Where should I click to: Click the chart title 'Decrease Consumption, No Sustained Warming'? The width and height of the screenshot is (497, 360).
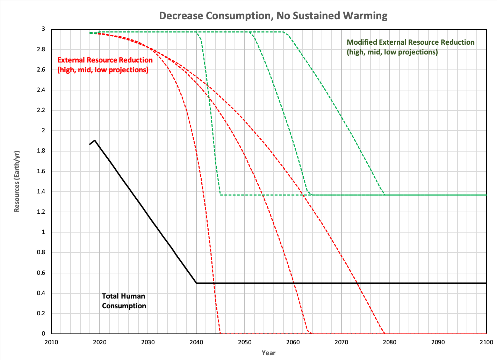(x=273, y=16)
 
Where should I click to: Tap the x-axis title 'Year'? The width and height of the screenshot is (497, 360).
(x=268, y=353)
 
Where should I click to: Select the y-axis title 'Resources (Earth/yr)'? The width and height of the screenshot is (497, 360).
(x=17, y=181)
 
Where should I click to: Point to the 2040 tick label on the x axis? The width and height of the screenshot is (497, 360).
(x=196, y=342)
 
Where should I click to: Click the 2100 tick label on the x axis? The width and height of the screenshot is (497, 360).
(x=486, y=342)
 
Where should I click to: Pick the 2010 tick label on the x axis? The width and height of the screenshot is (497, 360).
(x=51, y=342)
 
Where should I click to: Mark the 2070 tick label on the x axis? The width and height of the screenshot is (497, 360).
(x=341, y=342)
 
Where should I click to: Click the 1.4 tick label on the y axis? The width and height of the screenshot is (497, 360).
(x=41, y=192)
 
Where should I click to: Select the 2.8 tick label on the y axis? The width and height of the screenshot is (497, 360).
(x=41, y=49)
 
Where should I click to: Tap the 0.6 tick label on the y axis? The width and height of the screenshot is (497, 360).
(x=41, y=273)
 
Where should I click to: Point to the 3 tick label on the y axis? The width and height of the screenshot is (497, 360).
(x=43, y=29)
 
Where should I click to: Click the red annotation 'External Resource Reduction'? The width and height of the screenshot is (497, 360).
(x=105, y=60)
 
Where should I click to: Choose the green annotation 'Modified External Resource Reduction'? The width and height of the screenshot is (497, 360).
(x=410, y=42)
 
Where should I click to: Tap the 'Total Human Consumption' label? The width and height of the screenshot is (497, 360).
(x=124, y=301)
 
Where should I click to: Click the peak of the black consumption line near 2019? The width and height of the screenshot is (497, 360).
(x=95, y=140)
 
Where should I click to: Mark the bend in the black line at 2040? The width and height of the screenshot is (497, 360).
(x=196, y=283)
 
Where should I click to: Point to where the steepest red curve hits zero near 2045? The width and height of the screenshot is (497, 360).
(x=220, y=333)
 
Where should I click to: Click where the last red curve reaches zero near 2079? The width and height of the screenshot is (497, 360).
(x=385, y=333)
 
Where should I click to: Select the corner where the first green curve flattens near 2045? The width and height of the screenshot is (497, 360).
(x=220, y=195)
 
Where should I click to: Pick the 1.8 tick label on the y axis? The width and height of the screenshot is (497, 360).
(x=41, y=151)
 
